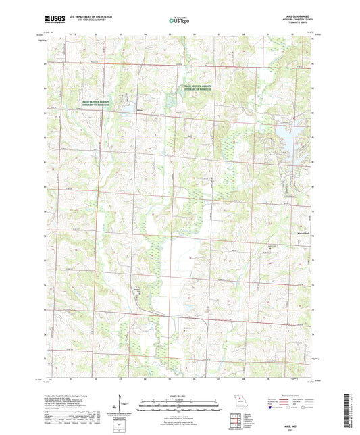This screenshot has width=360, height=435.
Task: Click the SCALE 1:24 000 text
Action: click(x=179, y=395)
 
